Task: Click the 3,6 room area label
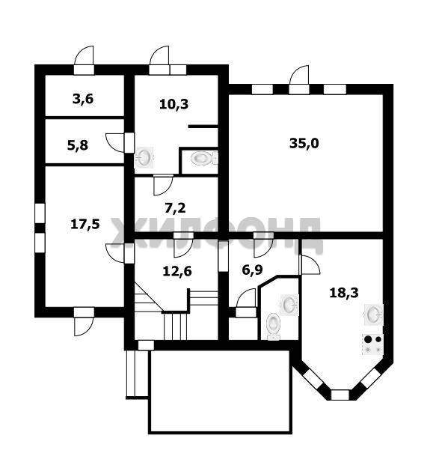[83, 99]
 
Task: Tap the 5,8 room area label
[78, 145]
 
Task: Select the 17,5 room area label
[85, 225]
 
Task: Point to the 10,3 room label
[173, 104]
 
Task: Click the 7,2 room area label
[176, 208]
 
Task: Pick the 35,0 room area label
[304, 143]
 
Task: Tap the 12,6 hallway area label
[177, 271]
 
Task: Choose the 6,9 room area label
[252, 270]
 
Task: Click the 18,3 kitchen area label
[344, 293]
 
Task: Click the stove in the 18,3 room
[373, 344]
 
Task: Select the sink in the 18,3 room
[374, 314]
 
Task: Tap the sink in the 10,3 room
[144, 157]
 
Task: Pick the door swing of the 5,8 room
[114, 143]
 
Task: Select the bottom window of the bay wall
[340, 395]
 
